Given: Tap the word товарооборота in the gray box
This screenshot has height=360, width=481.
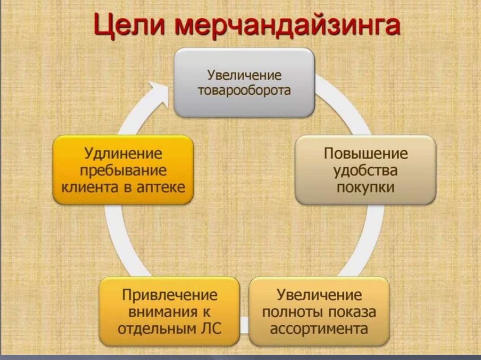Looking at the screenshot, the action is coord(244,90).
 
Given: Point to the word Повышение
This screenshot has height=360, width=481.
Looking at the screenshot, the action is coord(365,154).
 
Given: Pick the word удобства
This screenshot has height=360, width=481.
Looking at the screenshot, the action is coord(365,171).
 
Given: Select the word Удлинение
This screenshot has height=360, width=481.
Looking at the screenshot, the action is coord(123,153).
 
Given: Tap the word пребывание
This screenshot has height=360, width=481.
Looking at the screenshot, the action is coord(123,170).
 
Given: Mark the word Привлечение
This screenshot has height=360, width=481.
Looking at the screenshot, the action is coord(170,295).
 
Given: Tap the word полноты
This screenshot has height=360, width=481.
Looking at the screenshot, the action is coord(292,312).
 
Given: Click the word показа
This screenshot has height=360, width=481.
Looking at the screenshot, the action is coord(352,312).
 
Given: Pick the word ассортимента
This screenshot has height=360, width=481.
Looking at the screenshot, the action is coord(319,328).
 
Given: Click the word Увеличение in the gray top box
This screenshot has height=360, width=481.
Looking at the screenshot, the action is coord(244,75).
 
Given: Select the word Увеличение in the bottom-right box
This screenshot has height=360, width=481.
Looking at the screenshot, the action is coord(319,295).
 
